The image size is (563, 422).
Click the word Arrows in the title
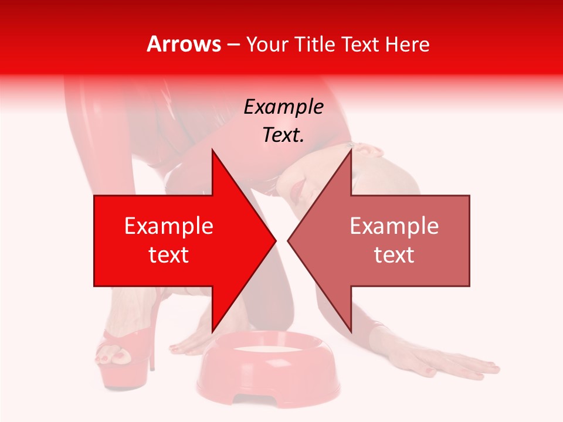(x=184, y=44)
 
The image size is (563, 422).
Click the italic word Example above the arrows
(x=283, y=107)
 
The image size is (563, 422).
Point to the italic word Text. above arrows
(x=283, y=135)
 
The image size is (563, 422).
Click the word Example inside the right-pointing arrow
(x=169, y=226)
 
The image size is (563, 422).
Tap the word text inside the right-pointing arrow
(x=169, y=255)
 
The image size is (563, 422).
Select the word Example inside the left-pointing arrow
(x=394, y=226)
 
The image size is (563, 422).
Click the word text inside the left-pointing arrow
(x=394, y=255)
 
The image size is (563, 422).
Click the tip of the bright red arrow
(x=274, y=240)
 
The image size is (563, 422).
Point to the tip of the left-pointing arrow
(x=289, y=240)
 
